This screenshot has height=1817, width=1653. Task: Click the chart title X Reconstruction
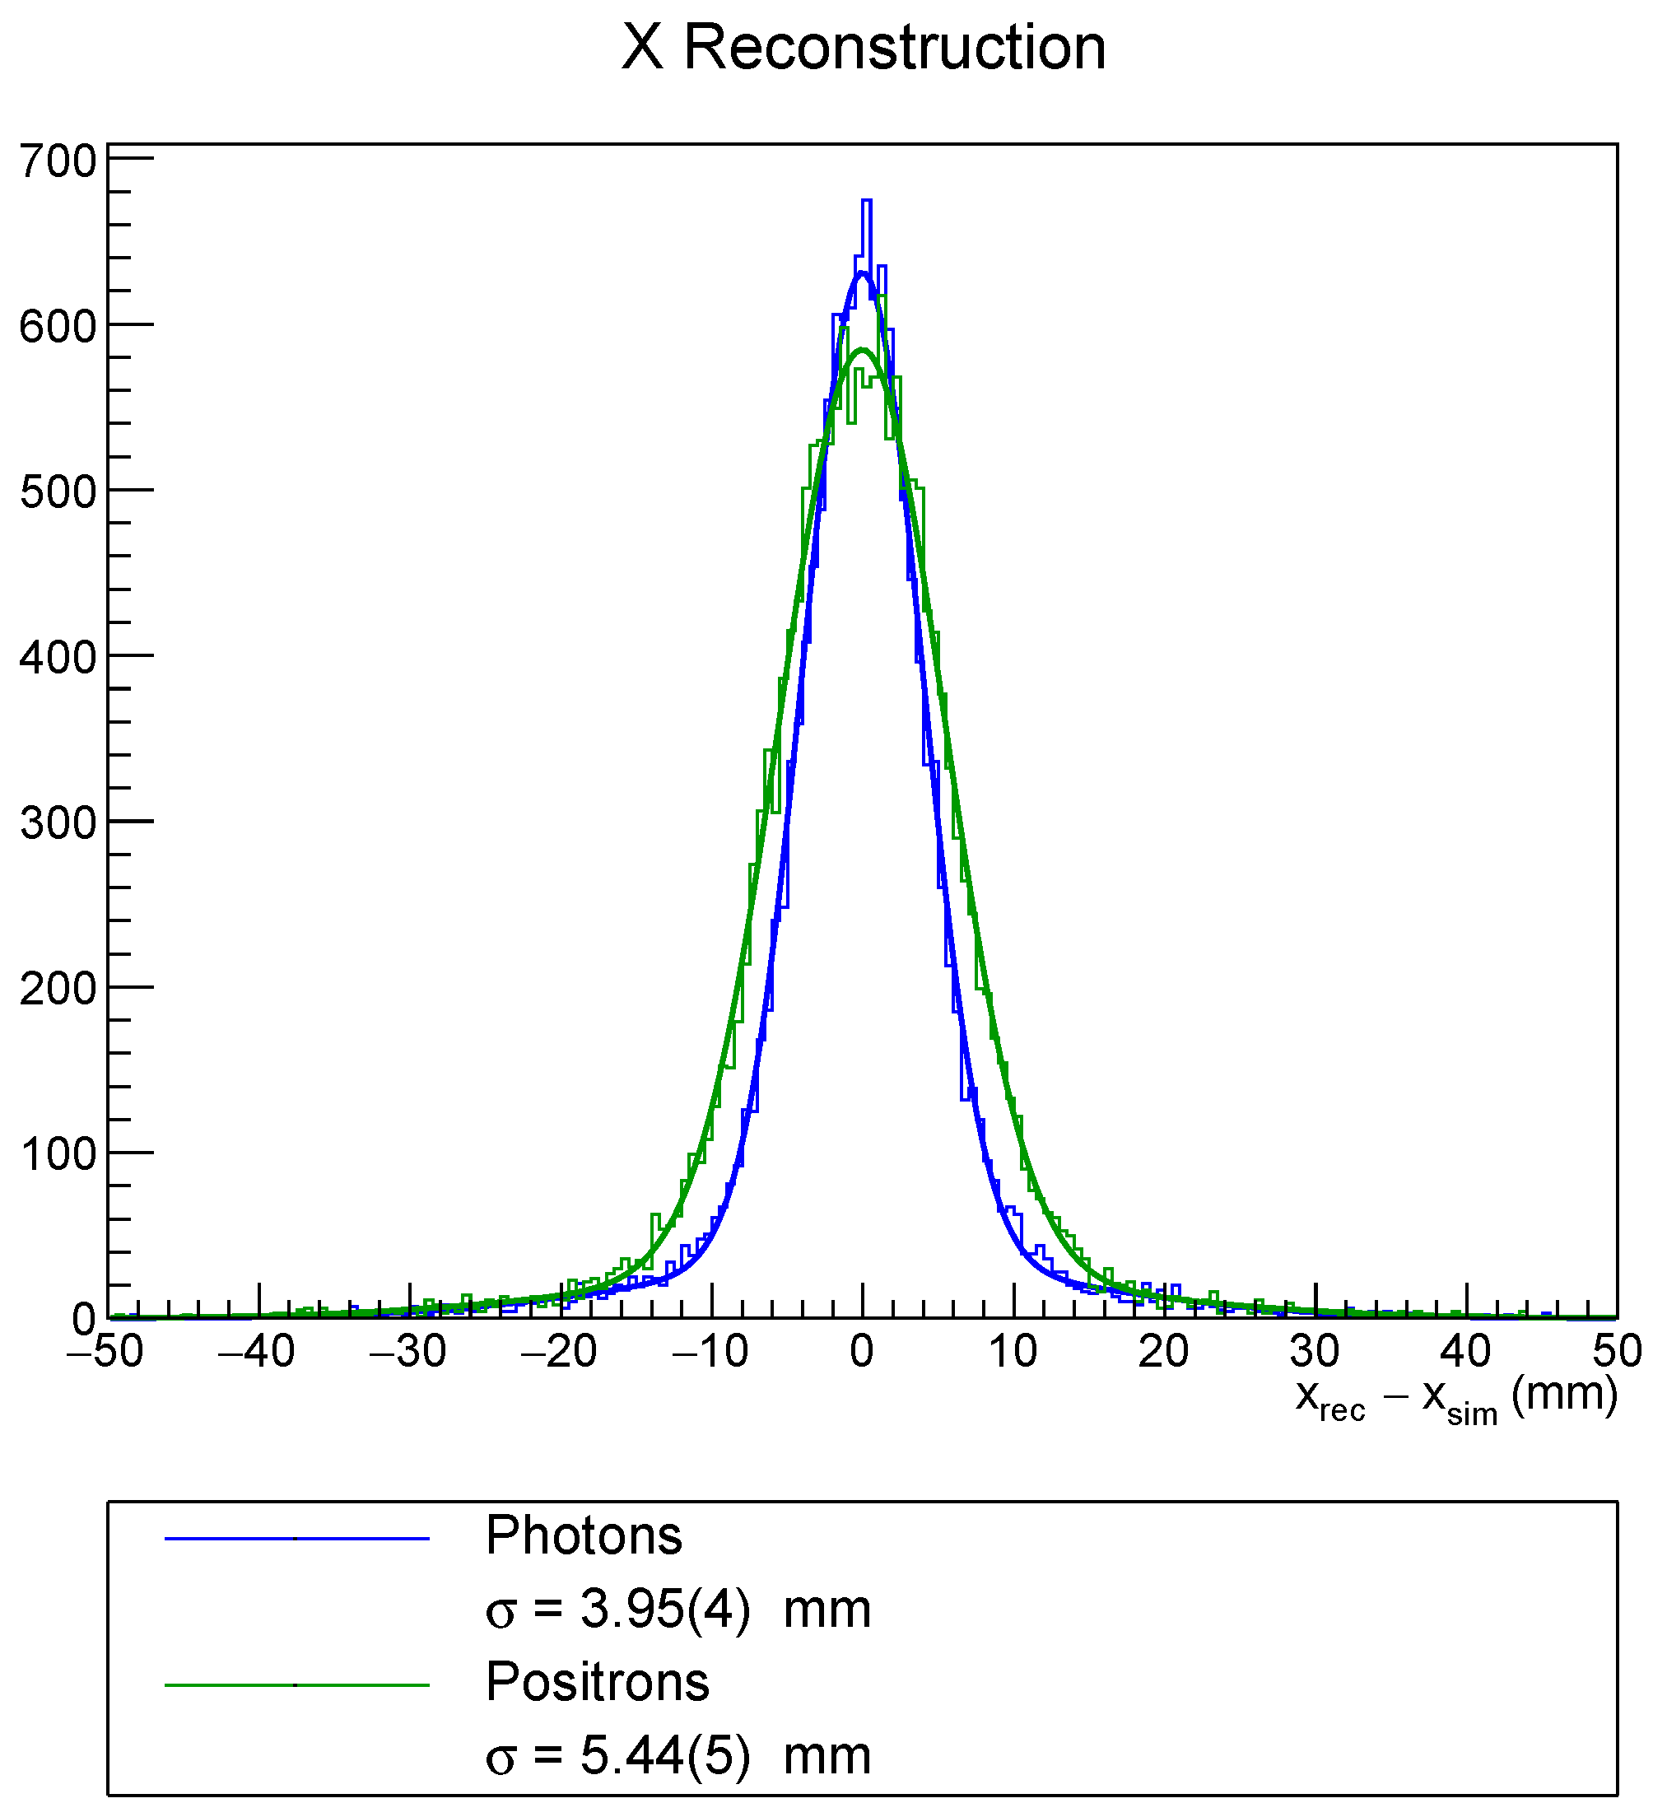(x=863, y=47)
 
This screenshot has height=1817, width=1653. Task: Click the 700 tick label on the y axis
(x=58, y=162)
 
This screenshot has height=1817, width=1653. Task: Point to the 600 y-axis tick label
(x=58, y=327)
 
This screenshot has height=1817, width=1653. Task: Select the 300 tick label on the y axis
(x=58, y=822)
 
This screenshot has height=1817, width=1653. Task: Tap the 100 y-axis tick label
(x=58, y=1154)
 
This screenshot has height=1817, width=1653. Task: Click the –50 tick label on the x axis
(x=105, y=1351)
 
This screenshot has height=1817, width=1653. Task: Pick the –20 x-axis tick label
(x=559, y=1351)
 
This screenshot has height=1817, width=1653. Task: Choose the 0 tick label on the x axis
(x=863, y=1351)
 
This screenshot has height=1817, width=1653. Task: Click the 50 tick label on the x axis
(x=1617, y=1351)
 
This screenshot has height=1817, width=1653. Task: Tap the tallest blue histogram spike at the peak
(x=866, y=203)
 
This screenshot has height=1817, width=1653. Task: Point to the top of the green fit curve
(x=863, y=350)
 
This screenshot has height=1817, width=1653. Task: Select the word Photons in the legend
(x=584, y=1535)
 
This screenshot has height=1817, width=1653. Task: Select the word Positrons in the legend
(x=598, y=1681)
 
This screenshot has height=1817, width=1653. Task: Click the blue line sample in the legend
(x=296, y=1539)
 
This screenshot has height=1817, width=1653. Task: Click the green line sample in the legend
(x=296, y=1684)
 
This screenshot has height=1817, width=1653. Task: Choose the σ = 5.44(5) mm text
(x=677, y=1754)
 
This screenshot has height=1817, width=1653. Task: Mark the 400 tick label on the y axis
(x=58, y=658)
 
